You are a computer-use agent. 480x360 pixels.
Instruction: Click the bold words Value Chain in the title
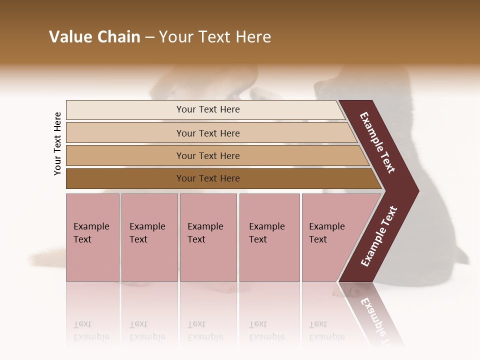tap(94, 37)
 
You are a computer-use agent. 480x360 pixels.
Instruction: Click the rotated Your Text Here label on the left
tap(57, 143)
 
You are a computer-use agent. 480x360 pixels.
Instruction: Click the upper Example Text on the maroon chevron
tap(377, 143)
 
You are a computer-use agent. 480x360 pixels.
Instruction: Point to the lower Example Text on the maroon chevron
tap(379, 236)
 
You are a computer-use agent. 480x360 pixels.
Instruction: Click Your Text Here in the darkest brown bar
tap(208, 178)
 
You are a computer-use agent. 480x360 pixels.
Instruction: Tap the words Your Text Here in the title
tap(215, 37)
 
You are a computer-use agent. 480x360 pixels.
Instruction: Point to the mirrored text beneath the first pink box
tap(91, 330)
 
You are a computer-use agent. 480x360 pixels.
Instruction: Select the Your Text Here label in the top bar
tap(208, 109)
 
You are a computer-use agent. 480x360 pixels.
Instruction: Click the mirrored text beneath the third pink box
tap(205, 330)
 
